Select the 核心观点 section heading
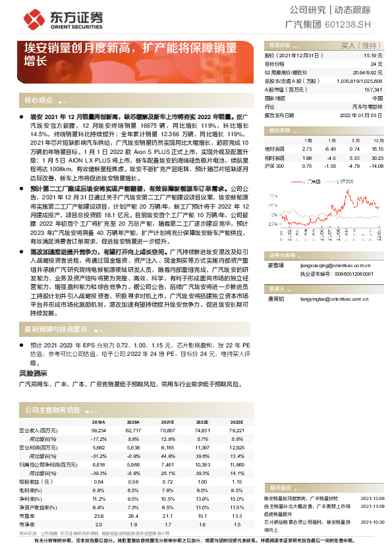[38, 101]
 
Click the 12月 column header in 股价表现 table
[377, 141]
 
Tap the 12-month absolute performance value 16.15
[377, 149]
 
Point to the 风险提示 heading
[32, 373]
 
